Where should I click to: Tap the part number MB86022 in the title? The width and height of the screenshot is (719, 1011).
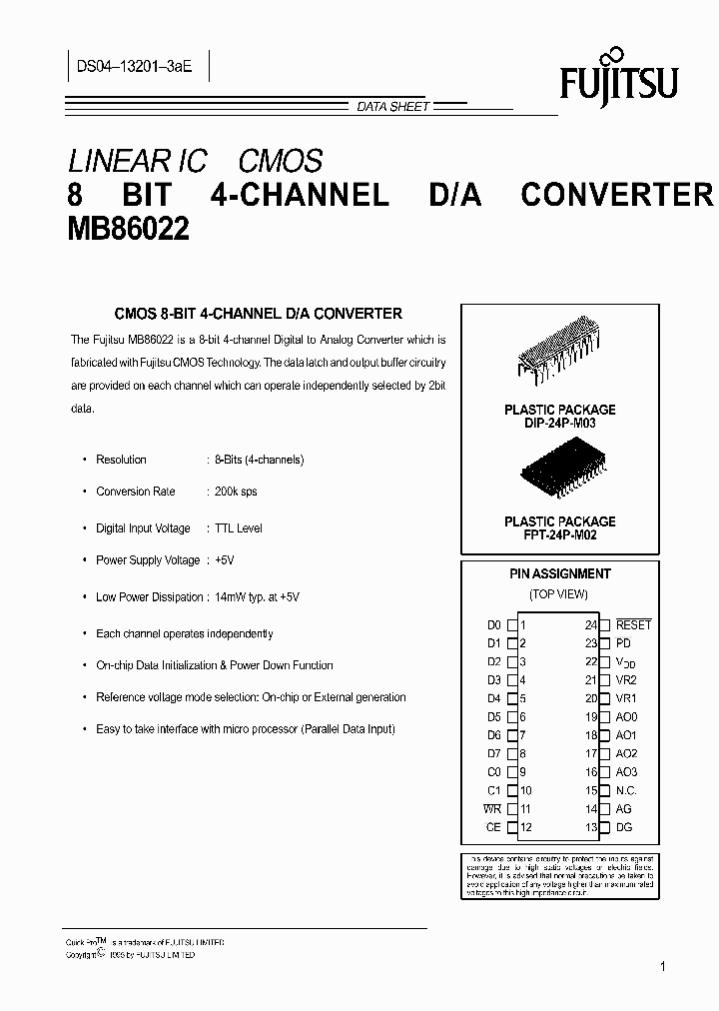128,231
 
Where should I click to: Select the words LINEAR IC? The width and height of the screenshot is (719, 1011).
137,161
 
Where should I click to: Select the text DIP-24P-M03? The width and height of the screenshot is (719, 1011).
559,424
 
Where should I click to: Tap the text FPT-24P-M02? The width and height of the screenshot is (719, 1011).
559,535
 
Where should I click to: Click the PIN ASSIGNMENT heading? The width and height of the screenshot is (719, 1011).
559,574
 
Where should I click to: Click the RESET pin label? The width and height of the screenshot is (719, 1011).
633,625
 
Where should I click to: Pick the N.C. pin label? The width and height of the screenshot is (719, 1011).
626,790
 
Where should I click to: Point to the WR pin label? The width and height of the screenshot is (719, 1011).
492,809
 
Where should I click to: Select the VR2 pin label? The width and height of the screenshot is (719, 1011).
626,680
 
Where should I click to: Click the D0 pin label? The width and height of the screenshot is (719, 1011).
493,625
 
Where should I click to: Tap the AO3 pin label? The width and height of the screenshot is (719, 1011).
626,772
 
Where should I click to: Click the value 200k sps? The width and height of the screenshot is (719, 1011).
236,492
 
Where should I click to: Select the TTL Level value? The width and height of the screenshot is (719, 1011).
239,528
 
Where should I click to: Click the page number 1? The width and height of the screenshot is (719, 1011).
663,966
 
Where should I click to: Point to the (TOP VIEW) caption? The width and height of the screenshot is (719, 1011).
559,593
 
